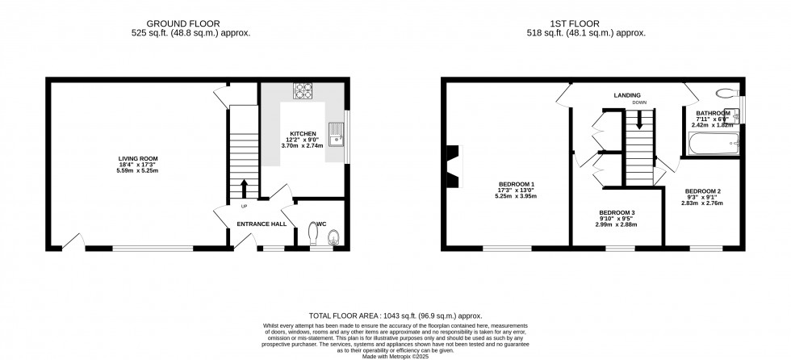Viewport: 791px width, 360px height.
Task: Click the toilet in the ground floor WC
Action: (x=333, y=235)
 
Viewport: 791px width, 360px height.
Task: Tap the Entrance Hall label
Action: (x=261, y=224)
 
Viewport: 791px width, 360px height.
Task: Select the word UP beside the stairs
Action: (x=242, y=205)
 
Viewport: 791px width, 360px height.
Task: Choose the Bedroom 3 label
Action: (x=617, y=212)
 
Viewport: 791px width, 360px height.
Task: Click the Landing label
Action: (x=626, y=94)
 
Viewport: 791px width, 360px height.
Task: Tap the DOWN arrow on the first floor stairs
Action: (x=639, y=121)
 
